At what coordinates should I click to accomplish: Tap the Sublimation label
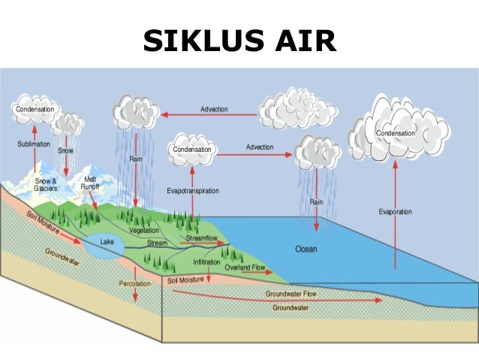(34, 143)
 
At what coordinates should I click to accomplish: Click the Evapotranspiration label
(193, 191)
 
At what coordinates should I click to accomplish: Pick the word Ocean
(306, 249)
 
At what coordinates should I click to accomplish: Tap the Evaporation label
(395, 212)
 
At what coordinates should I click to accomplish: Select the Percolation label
(135, 284)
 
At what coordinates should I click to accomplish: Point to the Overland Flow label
(245, 267)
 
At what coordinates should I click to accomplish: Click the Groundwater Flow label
(291, 294)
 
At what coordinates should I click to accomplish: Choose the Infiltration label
(206, 262)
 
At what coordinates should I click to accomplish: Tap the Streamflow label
(200, 237)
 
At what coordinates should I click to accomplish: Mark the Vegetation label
(144, 231)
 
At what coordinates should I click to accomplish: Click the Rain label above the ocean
(317, 201)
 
